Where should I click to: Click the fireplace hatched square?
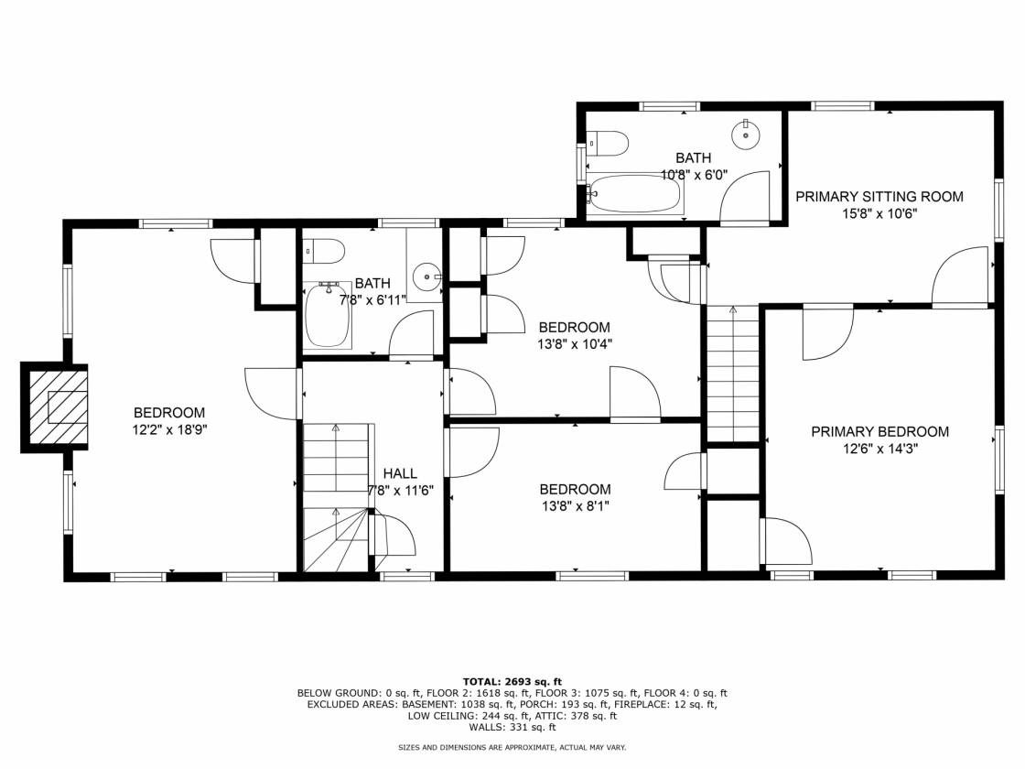[x=59, y=406]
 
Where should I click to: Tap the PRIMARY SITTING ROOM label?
[x=879, y=196]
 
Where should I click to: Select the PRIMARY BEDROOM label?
[x=879, y=431]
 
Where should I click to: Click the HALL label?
[x=400, y=473]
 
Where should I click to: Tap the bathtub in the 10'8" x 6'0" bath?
[x=635, y=193]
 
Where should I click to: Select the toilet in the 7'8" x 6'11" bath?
[x=324, y=251]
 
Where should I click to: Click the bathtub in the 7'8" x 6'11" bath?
[x=329, y=315]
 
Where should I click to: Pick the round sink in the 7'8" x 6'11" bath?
[x=429, y=277]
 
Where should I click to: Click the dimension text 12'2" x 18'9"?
[x=169, y=429]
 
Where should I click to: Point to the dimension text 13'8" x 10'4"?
[x=575, y=344]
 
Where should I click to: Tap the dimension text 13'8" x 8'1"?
[x=576, y=505]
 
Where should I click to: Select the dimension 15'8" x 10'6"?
[x=879, y=213]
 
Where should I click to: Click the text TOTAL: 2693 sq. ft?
[x=512, y=681]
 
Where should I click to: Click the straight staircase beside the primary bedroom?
[x=733, y=374]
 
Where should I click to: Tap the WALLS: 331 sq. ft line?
[x=512, y=727]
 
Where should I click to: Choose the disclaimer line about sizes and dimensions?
[x=512, y=747]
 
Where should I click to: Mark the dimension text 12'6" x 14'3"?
[x=879, y=449]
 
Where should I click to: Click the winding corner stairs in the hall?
[x=336, y=539]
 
